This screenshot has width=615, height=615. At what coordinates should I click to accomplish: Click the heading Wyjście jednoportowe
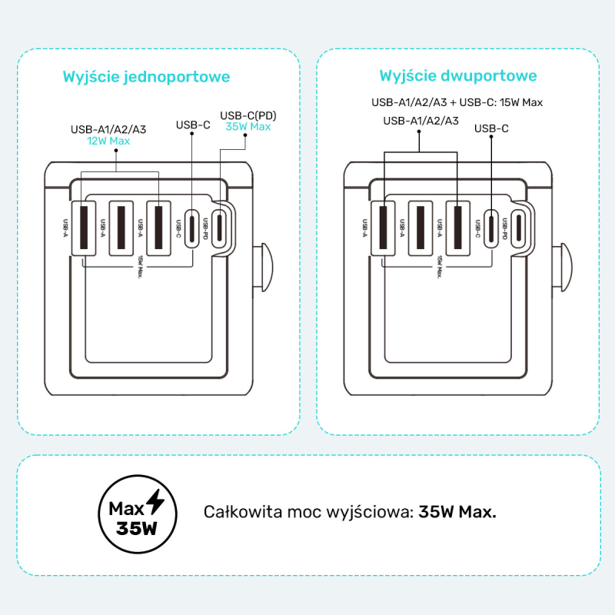coord(146,77)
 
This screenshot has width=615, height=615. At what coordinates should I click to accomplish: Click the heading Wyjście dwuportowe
coord(458,76)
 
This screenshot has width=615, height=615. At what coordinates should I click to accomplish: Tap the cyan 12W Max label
coord(108,141)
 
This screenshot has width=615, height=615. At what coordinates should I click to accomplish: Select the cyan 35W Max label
coord(248,127)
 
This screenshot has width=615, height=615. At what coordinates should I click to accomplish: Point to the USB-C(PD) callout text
coord(248,115)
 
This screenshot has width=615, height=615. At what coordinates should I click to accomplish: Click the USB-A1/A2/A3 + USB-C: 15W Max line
coord(458,102)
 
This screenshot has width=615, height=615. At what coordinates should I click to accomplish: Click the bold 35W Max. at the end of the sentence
coord(457,512)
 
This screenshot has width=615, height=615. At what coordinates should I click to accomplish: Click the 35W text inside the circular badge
coord(137,529)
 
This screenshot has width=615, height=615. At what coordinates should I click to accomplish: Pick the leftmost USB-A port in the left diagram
coord(84,227)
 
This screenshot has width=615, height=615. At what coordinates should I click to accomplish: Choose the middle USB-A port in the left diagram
coord(121,227)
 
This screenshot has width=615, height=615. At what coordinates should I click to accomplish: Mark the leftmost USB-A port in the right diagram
coord(383,227)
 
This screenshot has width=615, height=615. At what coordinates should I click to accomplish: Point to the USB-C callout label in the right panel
coord(491,128)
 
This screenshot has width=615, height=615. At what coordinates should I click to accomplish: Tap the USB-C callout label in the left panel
coord(193,124)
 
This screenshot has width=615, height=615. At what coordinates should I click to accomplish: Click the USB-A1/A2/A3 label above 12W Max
coord(108,130)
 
